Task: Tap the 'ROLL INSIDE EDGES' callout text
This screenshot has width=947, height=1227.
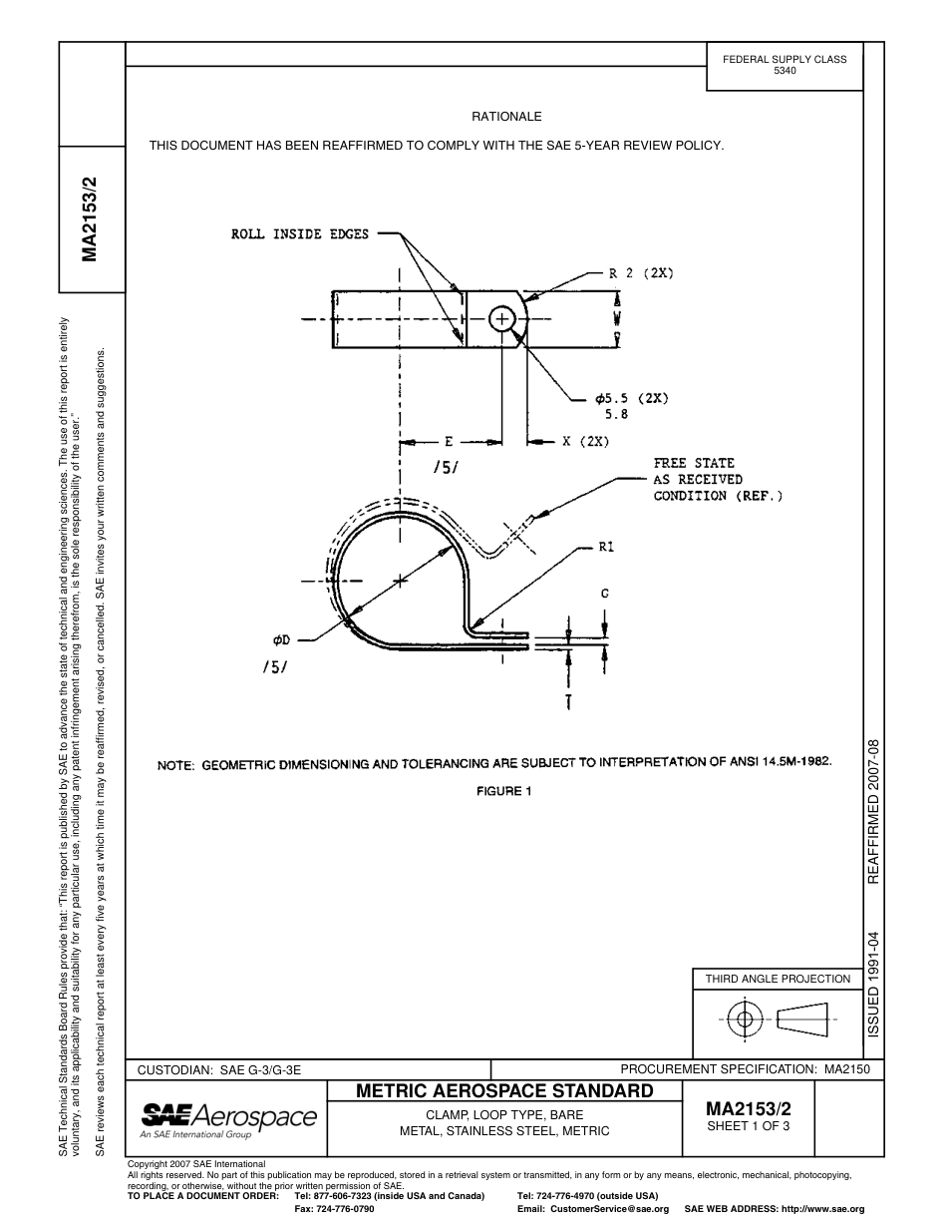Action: pos(299,234)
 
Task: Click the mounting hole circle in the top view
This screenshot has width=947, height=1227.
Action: pos(501,319)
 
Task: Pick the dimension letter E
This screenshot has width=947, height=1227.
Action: pos(449,441)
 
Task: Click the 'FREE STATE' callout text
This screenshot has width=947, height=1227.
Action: pos(694,463)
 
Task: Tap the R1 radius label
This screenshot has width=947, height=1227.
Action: pos(606,547)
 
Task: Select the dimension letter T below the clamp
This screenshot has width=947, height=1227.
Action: pos(568,703)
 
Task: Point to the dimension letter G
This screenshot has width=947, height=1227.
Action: pos(604,594)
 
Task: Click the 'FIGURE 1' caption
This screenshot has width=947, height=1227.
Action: pos(502,791)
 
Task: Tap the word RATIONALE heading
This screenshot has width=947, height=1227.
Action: pos(506,117)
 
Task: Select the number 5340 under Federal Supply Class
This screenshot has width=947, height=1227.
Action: pos(785,72)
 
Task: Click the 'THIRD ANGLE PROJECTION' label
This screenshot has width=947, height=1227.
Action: pos(778,979)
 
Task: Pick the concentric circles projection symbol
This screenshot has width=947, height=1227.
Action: pos(744,1020)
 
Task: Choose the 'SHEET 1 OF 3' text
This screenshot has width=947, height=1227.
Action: pos(748,1127)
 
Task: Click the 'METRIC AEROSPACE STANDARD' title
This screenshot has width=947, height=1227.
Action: pos(504,1090)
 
